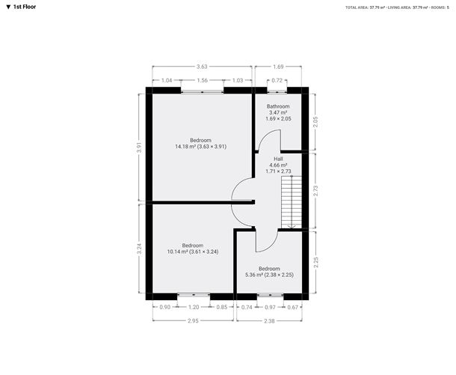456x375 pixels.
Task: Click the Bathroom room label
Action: tap(278, 106)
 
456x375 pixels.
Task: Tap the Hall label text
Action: tap(278, 159)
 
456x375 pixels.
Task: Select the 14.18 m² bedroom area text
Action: tap(200, 147)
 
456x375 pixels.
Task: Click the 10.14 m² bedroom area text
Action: tap(193, 251)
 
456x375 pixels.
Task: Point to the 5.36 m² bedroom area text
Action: tap(269, 275)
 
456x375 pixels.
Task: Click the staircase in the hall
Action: tap(292, 202)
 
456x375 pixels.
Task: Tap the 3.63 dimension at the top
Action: tap(202, 67)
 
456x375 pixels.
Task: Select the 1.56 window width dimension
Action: tap(202, 80)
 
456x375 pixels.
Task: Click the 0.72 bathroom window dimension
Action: tap(277, 80)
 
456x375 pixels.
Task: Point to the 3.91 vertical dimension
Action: tap(140, 147)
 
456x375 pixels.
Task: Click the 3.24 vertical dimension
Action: tap(140, 249)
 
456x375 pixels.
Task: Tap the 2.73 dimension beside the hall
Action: tap(315, 191)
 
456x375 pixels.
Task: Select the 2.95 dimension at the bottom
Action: tap(193, 321)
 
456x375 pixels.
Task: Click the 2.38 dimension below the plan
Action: tap(269, 321)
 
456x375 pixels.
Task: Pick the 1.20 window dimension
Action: tap(194, 307)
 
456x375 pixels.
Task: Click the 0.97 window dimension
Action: tap(270, 307)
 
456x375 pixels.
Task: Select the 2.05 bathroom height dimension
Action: tap(315, 122)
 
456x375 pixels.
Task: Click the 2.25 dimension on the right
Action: tap(317, 262)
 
